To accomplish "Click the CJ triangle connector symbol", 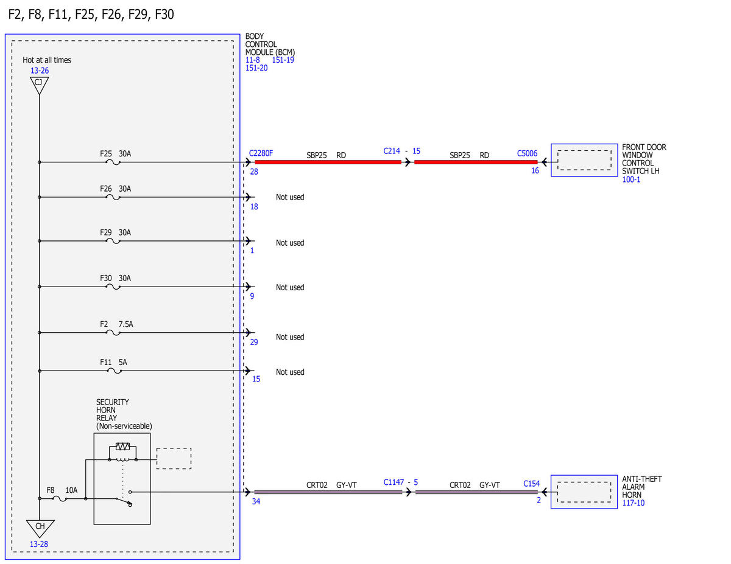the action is pyautogui.click(x=39, y=85).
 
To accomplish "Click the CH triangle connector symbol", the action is pyautogui.click(x=40, y=528).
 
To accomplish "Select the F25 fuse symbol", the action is pyautogui.click(x=113, y=162).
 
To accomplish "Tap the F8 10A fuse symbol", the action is pyautogui.click(x=60, y=499).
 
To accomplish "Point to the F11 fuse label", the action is pyautogui.click(x=105, y=362).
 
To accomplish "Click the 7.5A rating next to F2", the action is pyautogui.click(x=126, y=324).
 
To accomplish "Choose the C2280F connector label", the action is pyautogui.click(x=261, y=153).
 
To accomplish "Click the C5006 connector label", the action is pyautogui.click(x=527, y=153).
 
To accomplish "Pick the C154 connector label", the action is pyautogui.click(x=532, y=484).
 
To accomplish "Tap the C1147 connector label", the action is pyautogui.click(x=394, y=482).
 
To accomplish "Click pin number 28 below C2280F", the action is pyautogui.click(x=254, y=172).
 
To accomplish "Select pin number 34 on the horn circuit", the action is pyautogui.click(x=256, y=501).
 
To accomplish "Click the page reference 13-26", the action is pyautogui.click(x=40, y=71).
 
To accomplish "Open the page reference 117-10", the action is pyautogui.click(x=634, y=503).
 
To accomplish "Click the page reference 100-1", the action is pyautogui.click(x=632, y=179).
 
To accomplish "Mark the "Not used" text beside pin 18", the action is pyautogui.click(x=290, y=197).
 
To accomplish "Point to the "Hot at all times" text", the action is pyautogui.click(x=47, y=60).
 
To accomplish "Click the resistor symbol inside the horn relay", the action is pyautogui.click(x=122, y=447).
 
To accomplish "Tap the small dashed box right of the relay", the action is pyautogui.click(x=174, y=459).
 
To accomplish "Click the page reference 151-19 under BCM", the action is pyautogui.click(x=283, y=60).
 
